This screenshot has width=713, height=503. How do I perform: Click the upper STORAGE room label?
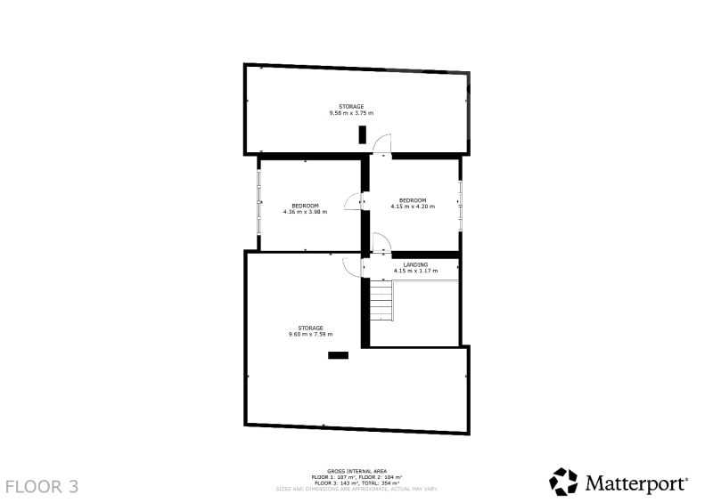(351, 106)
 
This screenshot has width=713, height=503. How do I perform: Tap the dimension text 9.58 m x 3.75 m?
(351, 113)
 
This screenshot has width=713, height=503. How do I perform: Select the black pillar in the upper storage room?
(363, 134)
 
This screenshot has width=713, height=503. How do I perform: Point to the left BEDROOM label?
(305, 206)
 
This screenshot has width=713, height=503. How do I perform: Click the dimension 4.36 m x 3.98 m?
(305, 212)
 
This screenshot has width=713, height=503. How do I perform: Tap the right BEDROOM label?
(413, 200)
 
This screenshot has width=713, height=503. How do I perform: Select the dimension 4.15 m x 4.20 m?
(413, 207)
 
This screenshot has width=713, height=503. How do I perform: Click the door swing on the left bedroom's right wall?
(353, 202)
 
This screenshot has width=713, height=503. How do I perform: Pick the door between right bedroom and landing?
(381, 242)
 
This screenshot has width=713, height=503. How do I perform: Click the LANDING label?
(415, 265)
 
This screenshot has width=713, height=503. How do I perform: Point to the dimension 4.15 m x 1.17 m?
(415, 271)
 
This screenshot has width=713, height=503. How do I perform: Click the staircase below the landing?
(381, 300)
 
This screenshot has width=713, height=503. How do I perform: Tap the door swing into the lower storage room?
(351, 267)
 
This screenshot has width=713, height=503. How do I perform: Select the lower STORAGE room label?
(310, 329)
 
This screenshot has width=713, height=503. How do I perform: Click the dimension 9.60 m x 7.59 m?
(310, 335)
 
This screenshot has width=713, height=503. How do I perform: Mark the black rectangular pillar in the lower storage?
(339, 355)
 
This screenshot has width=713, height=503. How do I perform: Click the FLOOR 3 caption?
(42, 487)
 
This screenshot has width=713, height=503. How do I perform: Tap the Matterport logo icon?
(563, 482)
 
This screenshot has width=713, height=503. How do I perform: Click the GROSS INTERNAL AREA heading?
(357, 472)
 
